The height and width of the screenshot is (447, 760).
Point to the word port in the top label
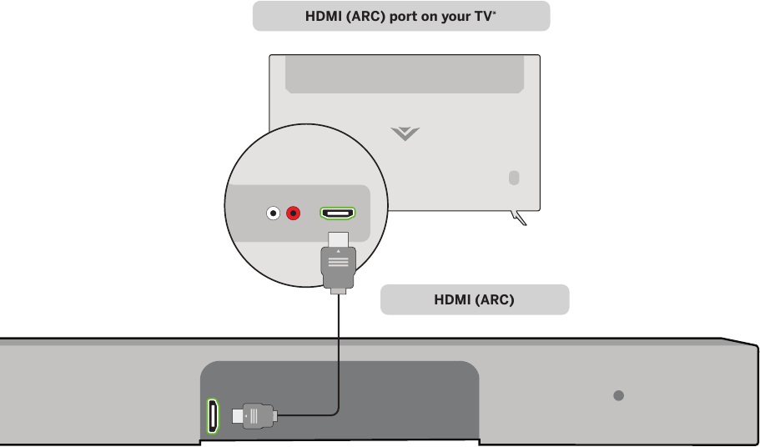pos(403,17)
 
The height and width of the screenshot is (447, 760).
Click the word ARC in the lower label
pos(495,300)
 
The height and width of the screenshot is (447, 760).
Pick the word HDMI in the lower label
pos(453,300)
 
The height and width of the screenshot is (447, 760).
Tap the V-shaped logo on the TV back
pos(405,133)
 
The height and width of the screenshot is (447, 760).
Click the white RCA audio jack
pos(273,213)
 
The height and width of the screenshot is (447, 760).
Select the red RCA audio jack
pos(294,213)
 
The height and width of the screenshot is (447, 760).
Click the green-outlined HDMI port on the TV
pos(338,213)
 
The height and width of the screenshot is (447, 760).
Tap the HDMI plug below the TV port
pos(339,265)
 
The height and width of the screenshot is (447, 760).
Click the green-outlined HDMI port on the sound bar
pos(213,414)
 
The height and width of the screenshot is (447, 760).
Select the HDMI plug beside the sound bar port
pos(254,414)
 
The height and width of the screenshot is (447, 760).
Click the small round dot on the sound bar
pos(618,395)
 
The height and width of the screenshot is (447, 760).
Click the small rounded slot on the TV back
pos(513,178)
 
